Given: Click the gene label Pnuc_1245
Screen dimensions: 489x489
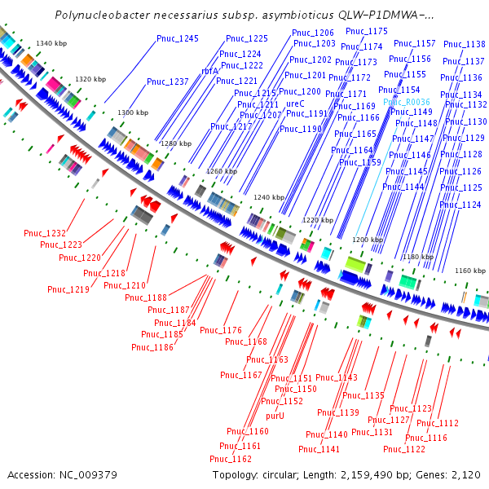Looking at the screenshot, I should pos(178,38).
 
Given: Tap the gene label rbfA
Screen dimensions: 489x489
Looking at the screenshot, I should pos(210,71).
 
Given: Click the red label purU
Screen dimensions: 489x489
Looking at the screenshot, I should pos(275,415).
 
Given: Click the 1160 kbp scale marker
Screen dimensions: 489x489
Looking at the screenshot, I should pos(469,270).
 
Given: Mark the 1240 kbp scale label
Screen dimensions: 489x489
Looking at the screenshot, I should pos(269,197).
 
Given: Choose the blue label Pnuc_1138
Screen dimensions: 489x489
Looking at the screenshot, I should pos(464,44).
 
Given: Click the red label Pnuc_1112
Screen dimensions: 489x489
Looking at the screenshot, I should pos(438,423).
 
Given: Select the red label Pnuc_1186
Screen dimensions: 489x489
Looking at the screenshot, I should pos(152,347).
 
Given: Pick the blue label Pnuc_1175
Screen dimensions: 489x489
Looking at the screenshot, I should pos(367,31).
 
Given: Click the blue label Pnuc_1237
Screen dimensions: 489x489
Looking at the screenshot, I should pos(168,81).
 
